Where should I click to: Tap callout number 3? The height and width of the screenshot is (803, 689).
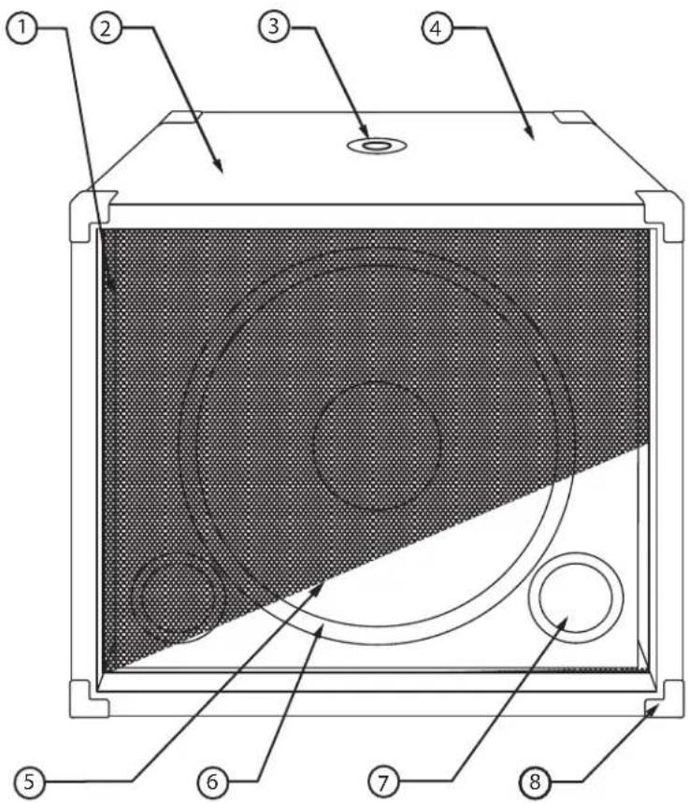coord(274,27)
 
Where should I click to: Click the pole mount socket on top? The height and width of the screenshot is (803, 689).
coord(379,146)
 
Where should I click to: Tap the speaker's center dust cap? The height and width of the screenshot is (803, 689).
coord(377,446)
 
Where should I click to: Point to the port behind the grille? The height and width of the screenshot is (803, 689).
coord(178,598)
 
